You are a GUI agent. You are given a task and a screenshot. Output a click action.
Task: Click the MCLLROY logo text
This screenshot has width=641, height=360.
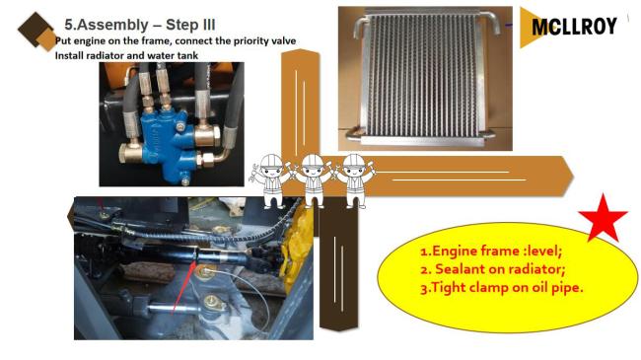574,27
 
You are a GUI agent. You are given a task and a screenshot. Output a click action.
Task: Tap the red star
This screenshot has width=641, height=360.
603,218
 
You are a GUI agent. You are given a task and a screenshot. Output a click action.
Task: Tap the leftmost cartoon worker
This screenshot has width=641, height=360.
271,180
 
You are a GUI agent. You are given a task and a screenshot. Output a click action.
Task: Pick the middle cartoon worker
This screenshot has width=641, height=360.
313,180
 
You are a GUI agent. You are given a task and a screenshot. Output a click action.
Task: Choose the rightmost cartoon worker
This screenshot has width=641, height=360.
354,180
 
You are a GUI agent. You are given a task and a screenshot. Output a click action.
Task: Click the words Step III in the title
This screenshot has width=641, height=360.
190,25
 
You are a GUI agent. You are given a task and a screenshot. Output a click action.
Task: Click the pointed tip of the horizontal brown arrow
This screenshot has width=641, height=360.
574,177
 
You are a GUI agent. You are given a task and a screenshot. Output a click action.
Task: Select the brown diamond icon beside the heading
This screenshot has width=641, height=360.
36,32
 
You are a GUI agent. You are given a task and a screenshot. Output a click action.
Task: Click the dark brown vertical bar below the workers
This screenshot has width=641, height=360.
338,266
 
